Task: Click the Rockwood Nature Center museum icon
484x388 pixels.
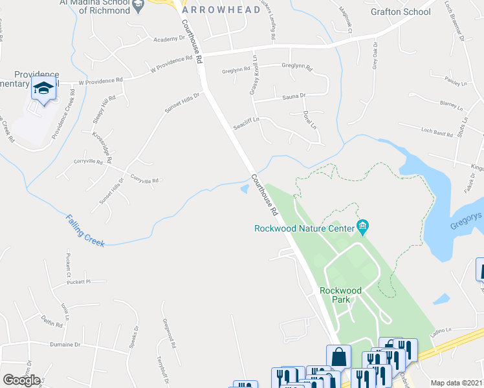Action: click(x=363, y=226)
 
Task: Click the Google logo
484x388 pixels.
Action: click(x=21, y=380)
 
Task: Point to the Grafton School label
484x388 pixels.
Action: click(x=400, y=12)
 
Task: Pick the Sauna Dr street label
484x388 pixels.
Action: click(x=293, y=96)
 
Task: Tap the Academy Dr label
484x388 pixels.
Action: click(x=170, y=39)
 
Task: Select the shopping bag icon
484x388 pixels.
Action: click(x=338, y=356)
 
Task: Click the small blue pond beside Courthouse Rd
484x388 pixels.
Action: click(x=244, y=189)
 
